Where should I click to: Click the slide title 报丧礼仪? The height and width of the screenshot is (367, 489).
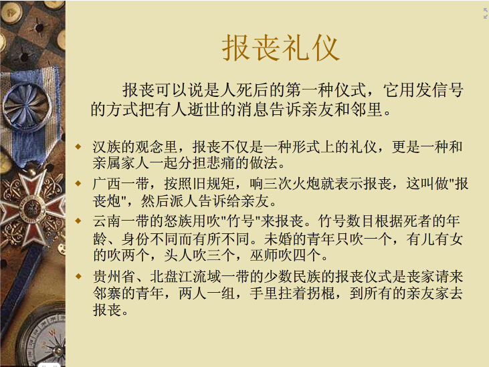click(x=280, y=48)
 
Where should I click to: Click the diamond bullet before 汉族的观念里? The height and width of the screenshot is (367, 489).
click(x=78, y=146)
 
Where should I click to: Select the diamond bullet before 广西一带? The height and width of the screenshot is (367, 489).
click(x=78, y=183)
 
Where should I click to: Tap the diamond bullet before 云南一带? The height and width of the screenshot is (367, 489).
click(x=78, y=221)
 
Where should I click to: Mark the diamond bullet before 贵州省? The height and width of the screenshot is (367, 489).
click(x=78, y=276)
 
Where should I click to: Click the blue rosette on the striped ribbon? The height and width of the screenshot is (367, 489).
click(x=27, y=105)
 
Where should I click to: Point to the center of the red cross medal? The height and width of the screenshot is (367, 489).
click(x=31, y=207)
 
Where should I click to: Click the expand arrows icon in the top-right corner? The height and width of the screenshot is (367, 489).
click(x=485, y=13)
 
